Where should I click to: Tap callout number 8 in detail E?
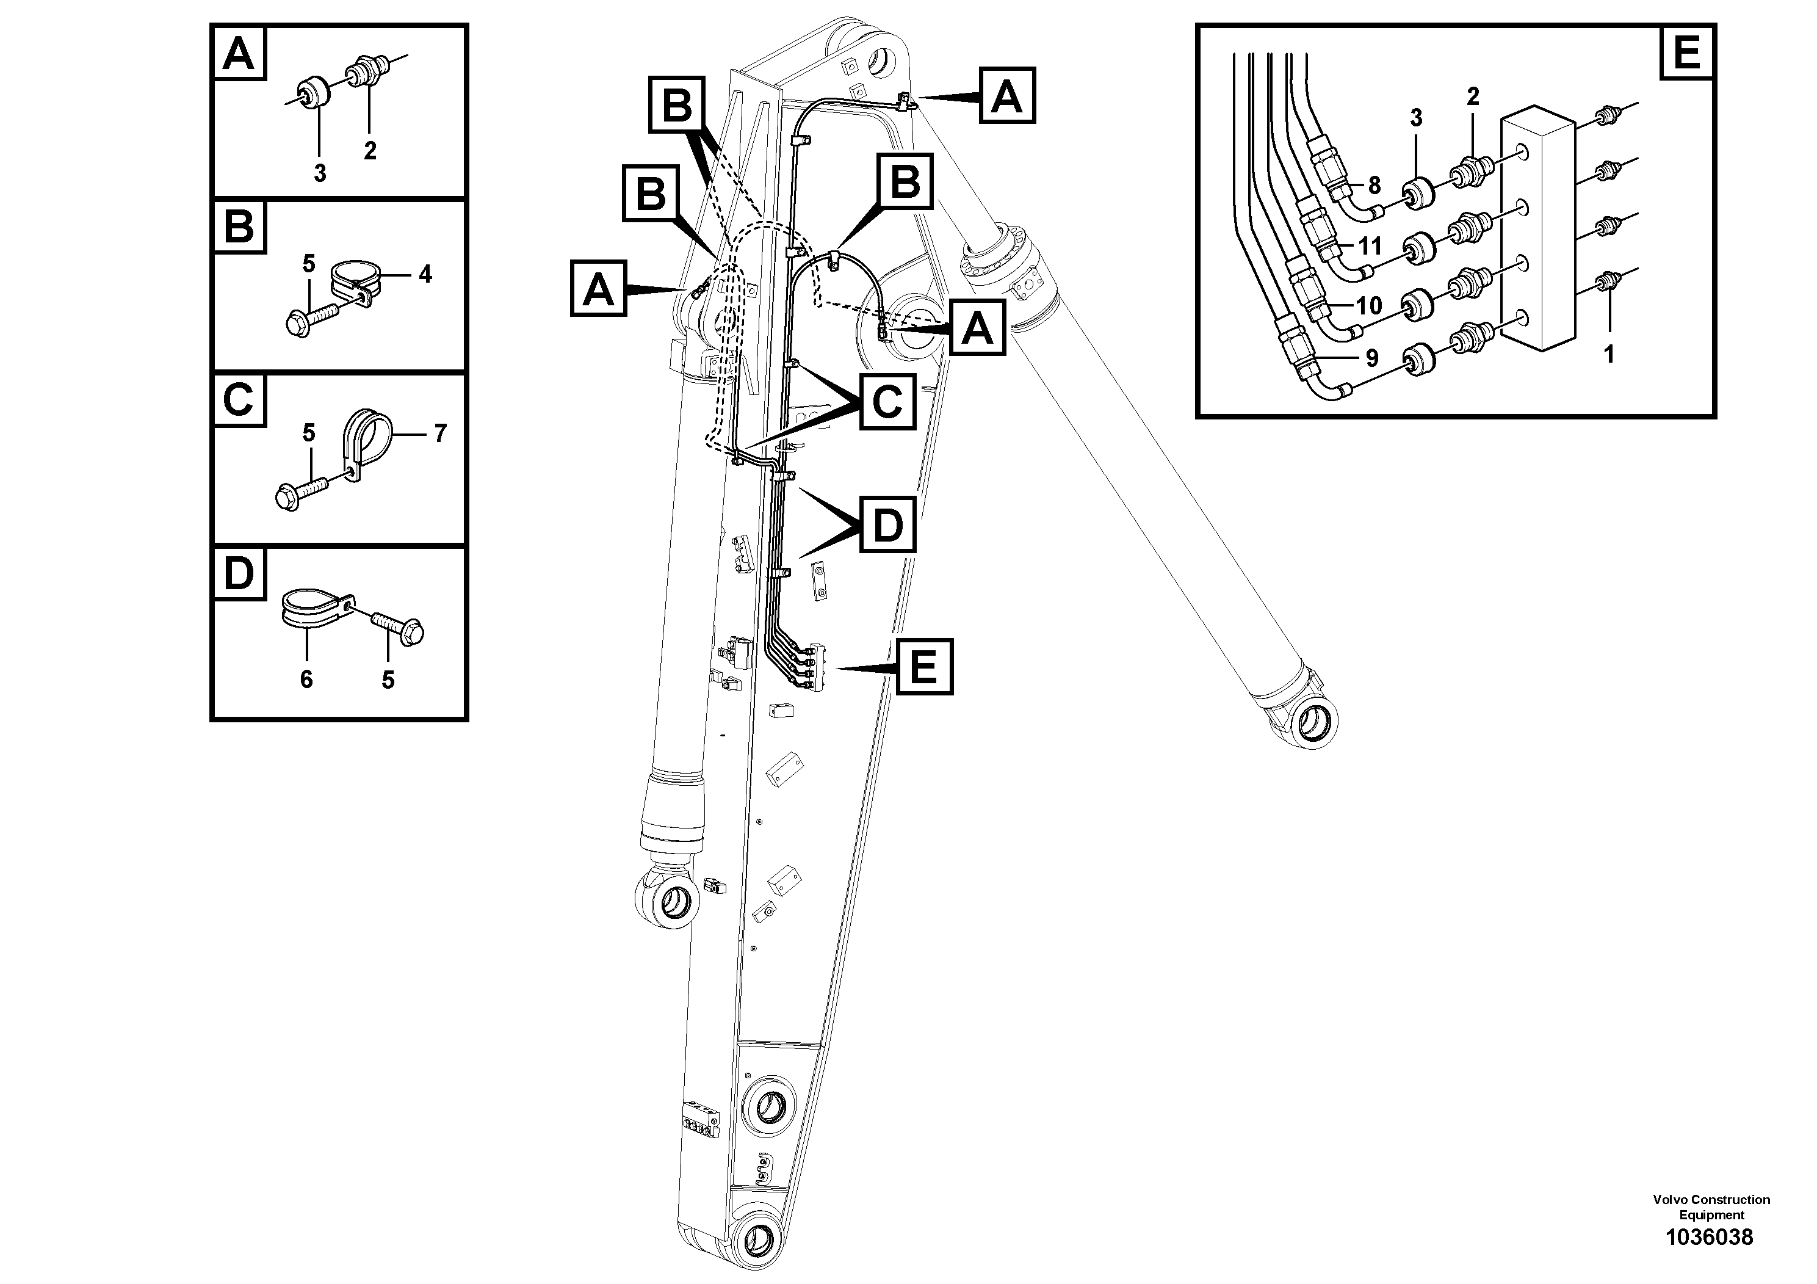[1374, 185]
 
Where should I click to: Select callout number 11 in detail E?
[1370, 245]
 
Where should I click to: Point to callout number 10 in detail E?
[1369, 305]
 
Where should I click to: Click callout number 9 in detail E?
[1372, 358]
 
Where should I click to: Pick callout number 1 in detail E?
[1608, 355]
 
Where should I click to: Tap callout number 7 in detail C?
[440, 433]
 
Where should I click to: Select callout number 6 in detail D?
[306, 679]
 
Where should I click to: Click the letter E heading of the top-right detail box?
[1687, 53]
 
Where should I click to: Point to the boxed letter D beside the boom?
[887, 525]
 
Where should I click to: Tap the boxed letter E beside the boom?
[923, 667]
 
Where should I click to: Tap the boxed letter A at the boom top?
[1006, 96]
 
